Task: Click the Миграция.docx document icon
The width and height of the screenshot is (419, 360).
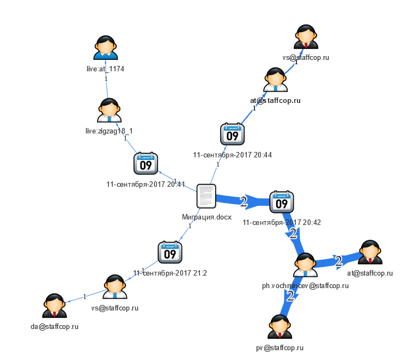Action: (207, 196)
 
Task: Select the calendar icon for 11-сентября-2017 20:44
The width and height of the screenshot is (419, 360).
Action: (232, 135)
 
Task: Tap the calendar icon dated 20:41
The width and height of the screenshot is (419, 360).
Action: (145, 164)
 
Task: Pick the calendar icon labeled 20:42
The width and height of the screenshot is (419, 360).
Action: (282, 202)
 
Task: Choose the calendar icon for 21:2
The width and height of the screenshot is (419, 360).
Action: (170, 252)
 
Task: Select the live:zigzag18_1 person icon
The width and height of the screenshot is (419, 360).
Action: (110, 110)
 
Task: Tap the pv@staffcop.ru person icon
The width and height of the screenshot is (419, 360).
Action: (280, 327)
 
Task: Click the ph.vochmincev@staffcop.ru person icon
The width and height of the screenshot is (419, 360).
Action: (305, 265)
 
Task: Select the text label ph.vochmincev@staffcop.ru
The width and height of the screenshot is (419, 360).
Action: (305, 285)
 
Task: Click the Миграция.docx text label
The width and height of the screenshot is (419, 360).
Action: (207, 217)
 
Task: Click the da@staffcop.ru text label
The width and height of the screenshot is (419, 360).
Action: (54, 327)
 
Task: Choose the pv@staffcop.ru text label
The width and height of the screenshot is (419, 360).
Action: (280, 347)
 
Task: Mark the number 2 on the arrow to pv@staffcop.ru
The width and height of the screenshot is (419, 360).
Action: (290, 296)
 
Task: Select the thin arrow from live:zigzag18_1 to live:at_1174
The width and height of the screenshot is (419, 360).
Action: (107, 82)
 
